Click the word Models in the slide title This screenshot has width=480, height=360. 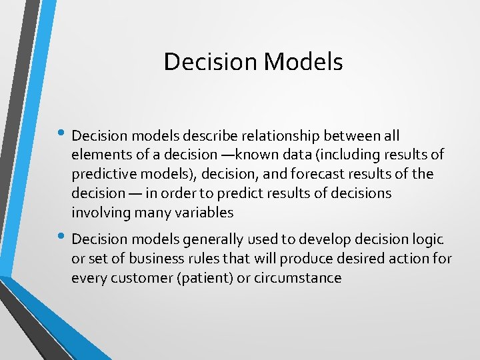pyautogui.click(x=303, y=62)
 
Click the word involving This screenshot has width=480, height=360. pyautogui.click(x=99, y=213)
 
